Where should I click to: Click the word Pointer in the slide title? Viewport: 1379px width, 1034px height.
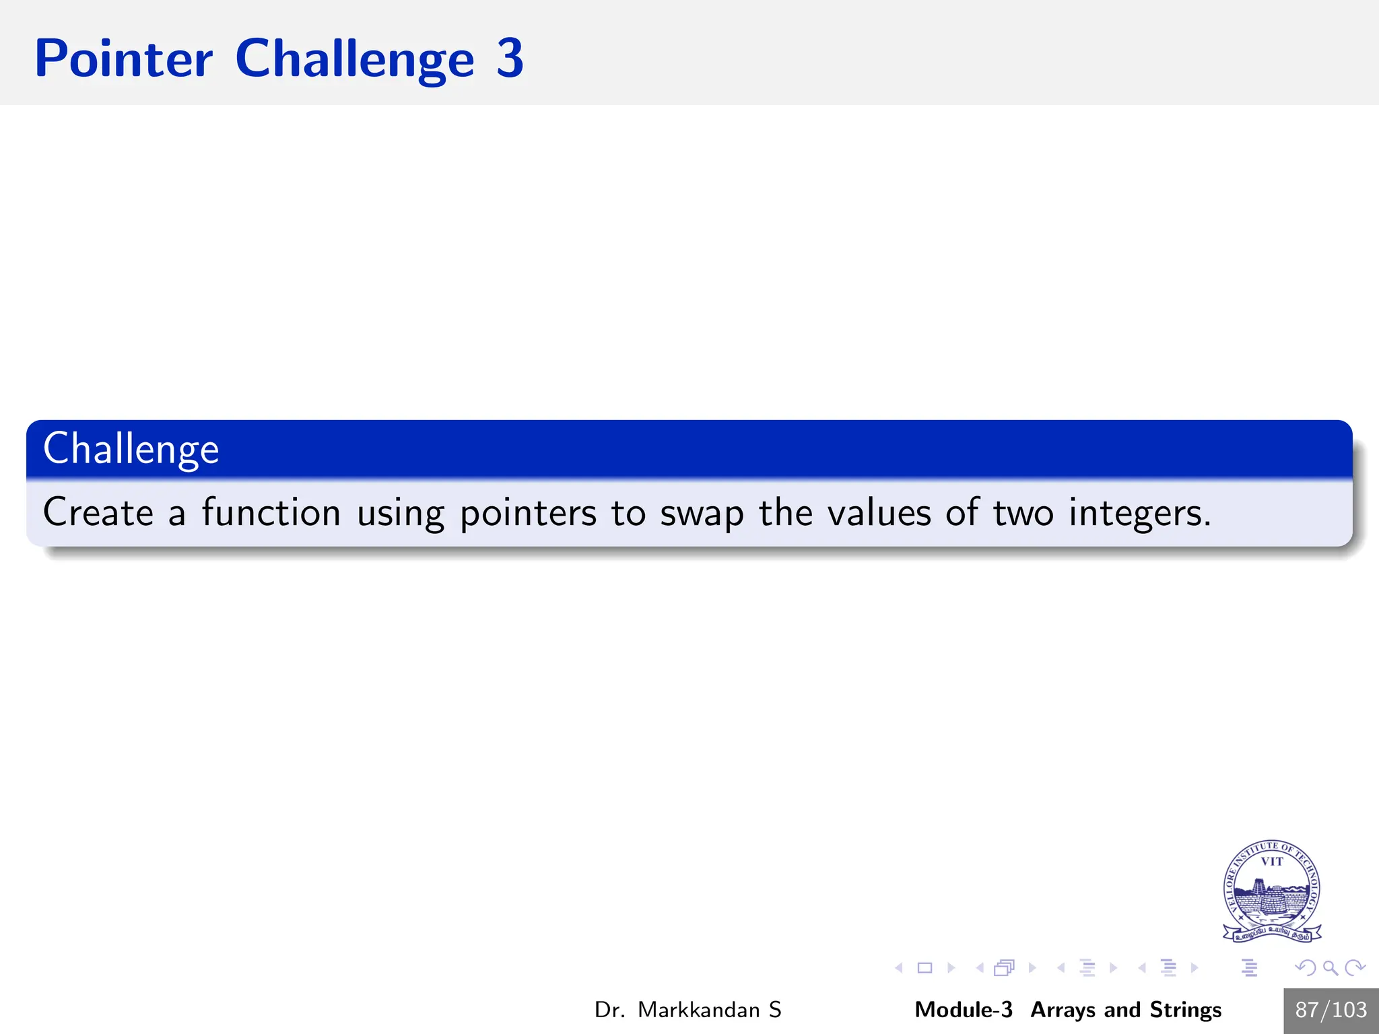(124, 59)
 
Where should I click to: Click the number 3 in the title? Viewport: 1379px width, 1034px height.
(510, 59)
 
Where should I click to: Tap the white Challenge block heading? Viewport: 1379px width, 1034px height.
(131, 449)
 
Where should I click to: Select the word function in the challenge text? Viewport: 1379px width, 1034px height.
(271, 512)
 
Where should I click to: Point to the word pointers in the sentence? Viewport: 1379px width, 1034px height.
(528, 514)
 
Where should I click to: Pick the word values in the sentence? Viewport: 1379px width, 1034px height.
(879, 513)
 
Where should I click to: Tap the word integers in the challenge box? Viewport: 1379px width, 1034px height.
(1139, 514)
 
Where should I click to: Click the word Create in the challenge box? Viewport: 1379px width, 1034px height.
(98, 512)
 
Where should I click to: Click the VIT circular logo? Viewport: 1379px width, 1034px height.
(1271, 891)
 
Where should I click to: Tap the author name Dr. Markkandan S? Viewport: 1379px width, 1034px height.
(687, 1010)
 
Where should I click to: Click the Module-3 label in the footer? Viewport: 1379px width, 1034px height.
(963, 1010)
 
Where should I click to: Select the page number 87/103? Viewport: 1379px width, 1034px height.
(1331, 1010)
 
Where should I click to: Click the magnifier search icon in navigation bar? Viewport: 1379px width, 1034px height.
(1330, 968)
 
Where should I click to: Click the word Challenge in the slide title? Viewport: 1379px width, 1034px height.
(355, 59)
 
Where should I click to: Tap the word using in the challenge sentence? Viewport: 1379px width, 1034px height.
(400, 514)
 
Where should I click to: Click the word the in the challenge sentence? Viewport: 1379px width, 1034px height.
(785, 512)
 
